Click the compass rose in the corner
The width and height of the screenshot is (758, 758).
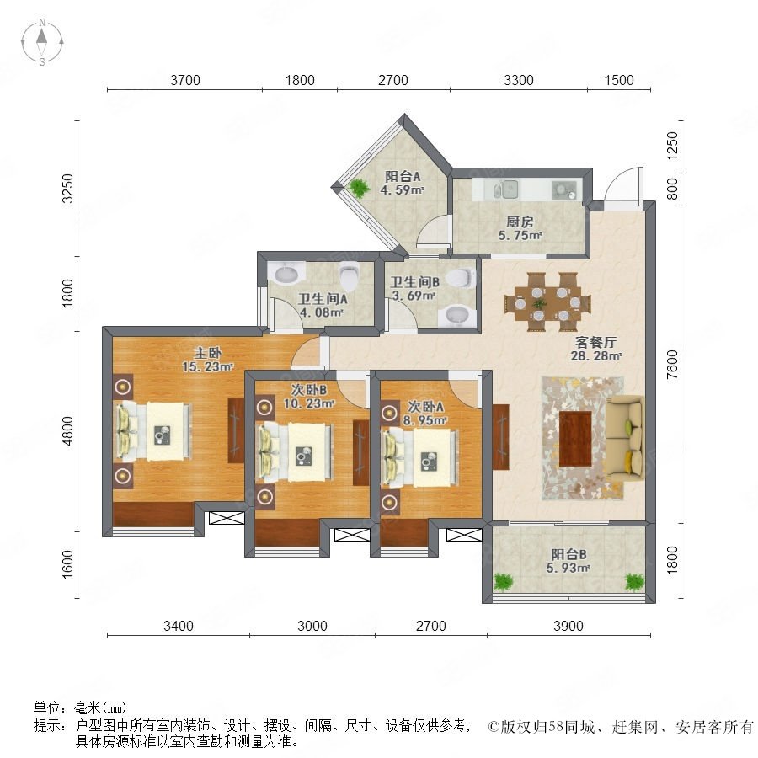42,42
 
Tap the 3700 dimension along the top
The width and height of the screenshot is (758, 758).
184,80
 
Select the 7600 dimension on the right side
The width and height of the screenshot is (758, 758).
672,365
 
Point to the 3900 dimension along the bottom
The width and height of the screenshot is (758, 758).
568,626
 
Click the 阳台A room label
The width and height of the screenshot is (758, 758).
403,177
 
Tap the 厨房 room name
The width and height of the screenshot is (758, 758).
520,222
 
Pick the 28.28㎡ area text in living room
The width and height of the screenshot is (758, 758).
596,356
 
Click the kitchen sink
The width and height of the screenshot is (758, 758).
507,189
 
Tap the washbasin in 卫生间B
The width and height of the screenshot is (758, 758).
456,317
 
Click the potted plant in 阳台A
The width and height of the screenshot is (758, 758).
359,188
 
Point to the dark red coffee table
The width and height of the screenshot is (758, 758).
575,439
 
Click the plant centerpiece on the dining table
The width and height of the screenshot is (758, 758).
540,304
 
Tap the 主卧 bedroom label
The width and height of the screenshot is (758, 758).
208,353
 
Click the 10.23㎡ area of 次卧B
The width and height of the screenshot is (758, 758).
309,403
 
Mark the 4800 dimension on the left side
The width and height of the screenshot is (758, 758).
68,431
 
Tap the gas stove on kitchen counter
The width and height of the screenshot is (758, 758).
564,189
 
